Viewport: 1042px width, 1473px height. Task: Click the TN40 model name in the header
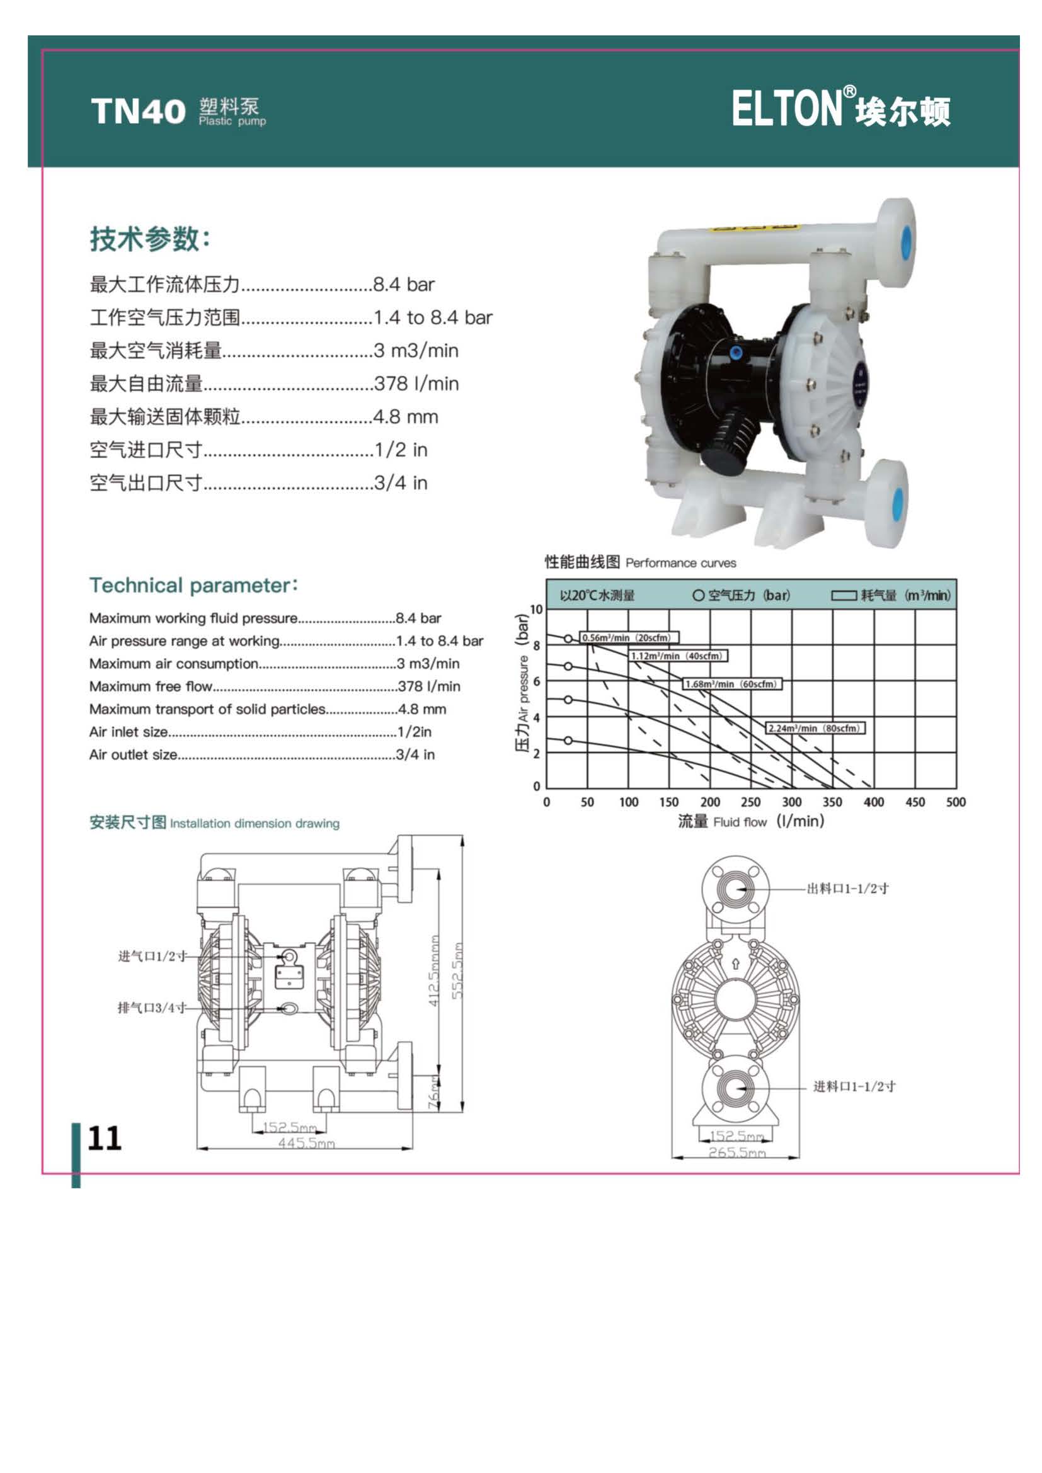pyautogui.click(x=138, y=111)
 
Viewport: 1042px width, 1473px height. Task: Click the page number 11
pyautogui.click(x=104, y=1137)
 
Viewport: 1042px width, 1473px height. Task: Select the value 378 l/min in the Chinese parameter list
pyautogui.click(x=416, y=384)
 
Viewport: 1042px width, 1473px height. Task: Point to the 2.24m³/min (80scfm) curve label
pyautogui.click(x=816, y=728)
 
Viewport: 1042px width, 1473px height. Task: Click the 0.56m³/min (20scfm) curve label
pyautogui.click(x=629, y=638)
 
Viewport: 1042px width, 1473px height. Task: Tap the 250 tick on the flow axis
pyautogui.click(x=751, y=802)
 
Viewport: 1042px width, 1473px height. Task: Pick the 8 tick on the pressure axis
pyautogui.click(x=537, y=646)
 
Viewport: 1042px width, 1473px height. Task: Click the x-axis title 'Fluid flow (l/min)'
pyautogui.click(x=769, y=821)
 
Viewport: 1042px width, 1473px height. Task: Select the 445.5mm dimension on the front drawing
pyautogui.click(x=306, y=1142)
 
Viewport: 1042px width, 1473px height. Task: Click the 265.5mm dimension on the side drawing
pyautogui.click(x=736, y=1152)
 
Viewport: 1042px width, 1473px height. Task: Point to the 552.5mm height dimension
pyautogui.click(x=456, y=970)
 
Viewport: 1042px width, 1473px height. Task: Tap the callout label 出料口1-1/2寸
pyautogui.click(x=847, y=889)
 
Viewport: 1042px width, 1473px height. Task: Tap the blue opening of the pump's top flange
pyautogui.click(x=906, y=240)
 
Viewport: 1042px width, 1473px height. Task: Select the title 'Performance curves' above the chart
pyautogui.click(x=681, y=563)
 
